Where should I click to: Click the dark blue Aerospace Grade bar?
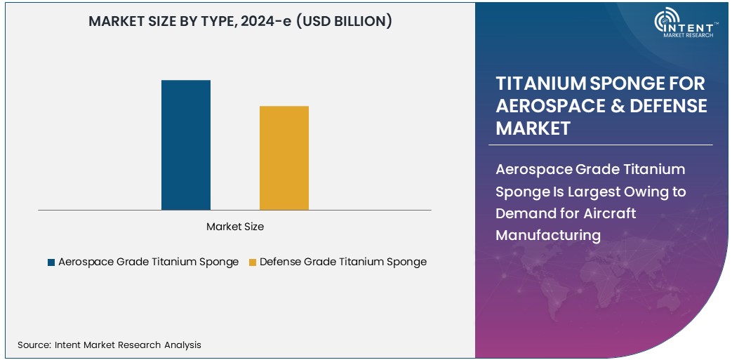pyautogui.click(x=186, y=145)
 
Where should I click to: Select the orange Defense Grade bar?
pyautogui.click(x=284, y=158)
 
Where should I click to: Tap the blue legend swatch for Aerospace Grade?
pyautogui.click(x=51, y=262)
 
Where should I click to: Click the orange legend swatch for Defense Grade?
pyautogui.click(x=253, y=262)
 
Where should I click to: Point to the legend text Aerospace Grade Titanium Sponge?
pyautogui.click(x=148, y=262)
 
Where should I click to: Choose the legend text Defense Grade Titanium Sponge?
pyautogui.click(x=342, y=262)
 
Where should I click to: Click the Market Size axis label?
pyautogui.click(x=235, y=227)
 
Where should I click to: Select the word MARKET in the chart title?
pyautogui.click(x=116, y=22)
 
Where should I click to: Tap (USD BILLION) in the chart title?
pyautogui.click(x=342, y=22)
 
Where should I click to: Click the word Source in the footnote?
pyautogui.click(x=33, y=345)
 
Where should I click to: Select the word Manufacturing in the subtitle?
pyautogui.click(x=548, y=235)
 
